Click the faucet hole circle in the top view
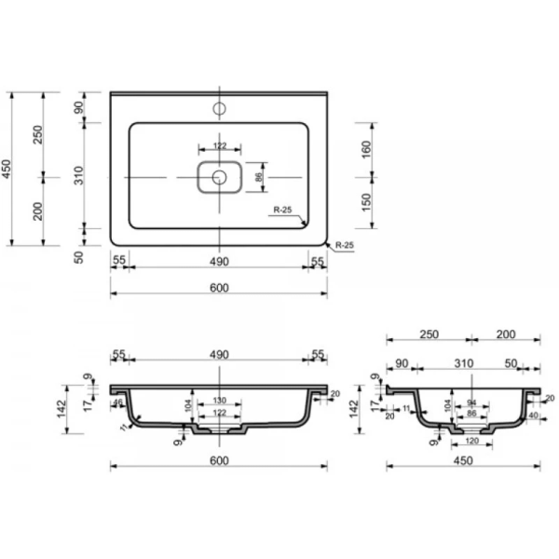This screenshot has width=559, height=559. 220,108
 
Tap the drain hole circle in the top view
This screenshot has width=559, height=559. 219,176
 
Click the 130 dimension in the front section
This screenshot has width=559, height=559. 219,401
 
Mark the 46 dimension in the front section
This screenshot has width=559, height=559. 119,402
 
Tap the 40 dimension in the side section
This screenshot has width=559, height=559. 534,416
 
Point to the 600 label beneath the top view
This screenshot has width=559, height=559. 218,288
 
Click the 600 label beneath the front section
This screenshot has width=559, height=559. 218,460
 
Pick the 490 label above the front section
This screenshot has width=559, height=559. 218,355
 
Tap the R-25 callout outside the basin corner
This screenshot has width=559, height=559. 344,245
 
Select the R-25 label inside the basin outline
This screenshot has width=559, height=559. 283,211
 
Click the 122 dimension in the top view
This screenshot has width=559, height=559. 219,145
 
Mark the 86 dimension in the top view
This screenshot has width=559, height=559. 261,175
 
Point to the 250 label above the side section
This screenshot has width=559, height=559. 428,334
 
